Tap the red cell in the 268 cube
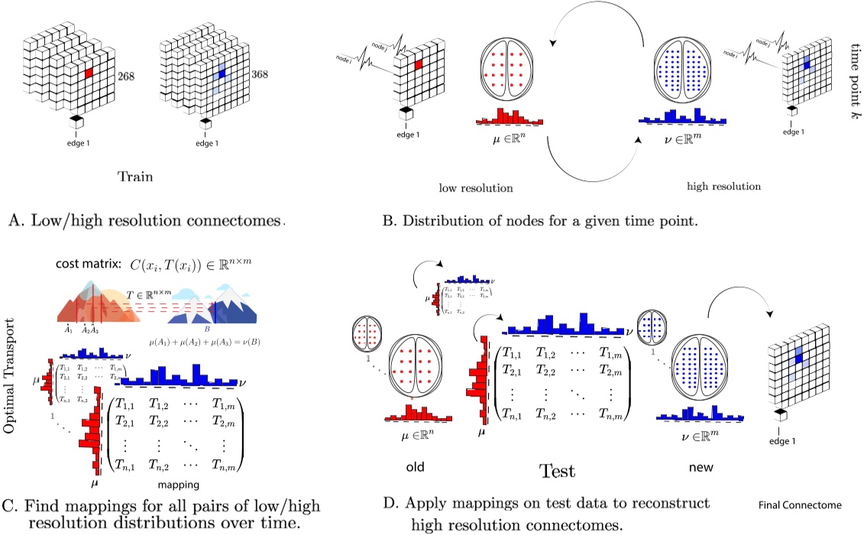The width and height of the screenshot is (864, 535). pos(89,73)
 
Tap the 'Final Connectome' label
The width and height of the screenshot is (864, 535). pos(801,505)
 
